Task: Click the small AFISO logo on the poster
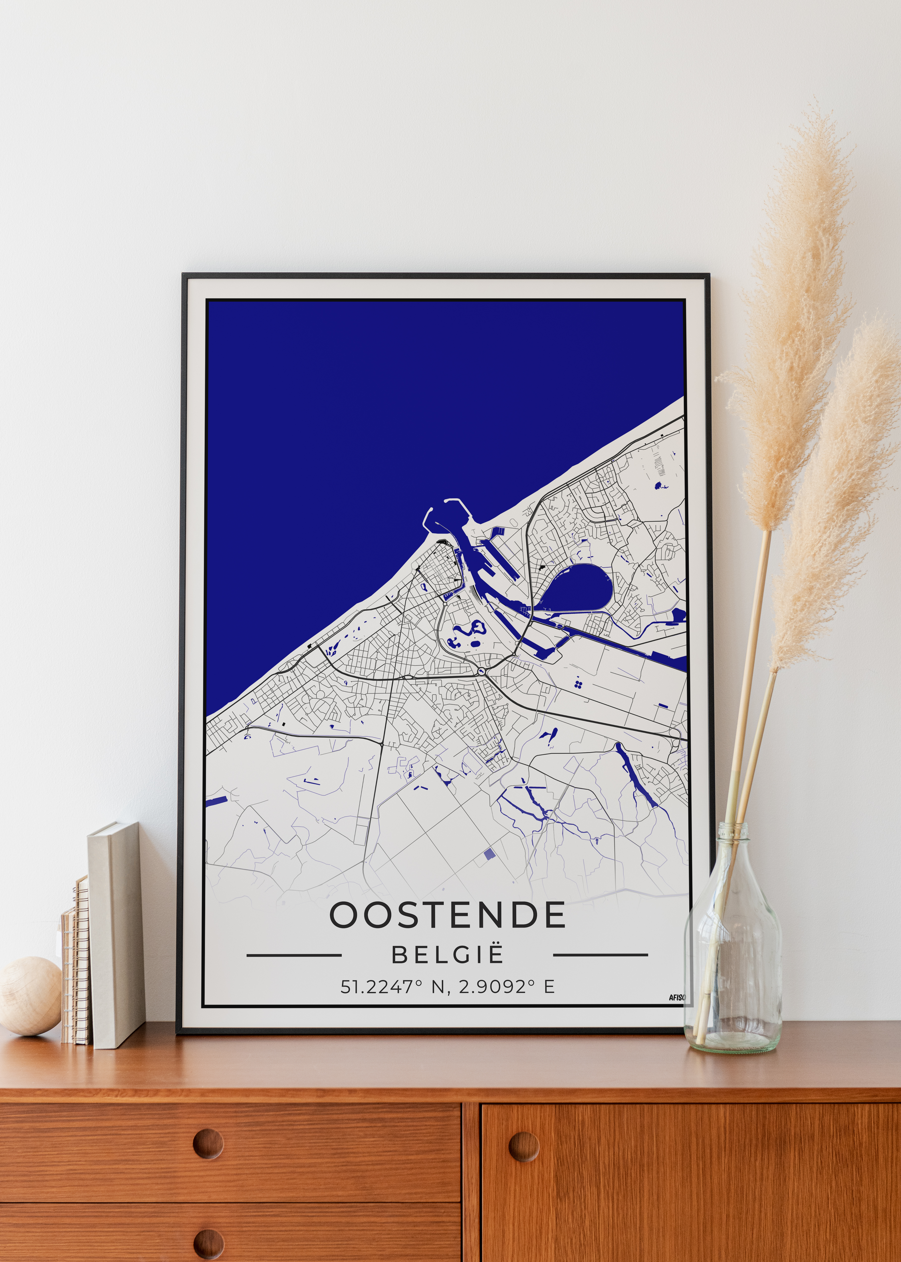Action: tap(677, 997)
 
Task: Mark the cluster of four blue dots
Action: tap(578, 683)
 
